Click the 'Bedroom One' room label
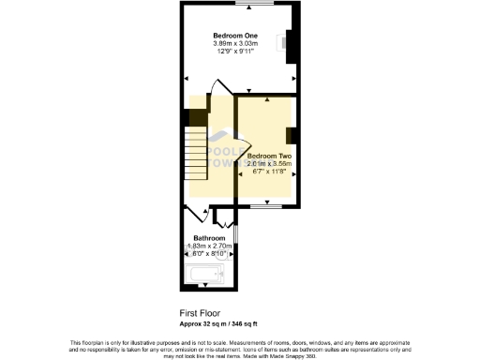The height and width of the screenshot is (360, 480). tap(236, 36)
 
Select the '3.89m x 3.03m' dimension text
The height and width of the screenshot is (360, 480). tap(236, 44)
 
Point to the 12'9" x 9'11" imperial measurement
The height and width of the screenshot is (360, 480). tap(236, 52)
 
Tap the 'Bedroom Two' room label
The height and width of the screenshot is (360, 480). tap(269, 156)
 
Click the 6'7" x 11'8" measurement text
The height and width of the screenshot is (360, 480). tap(269, 172)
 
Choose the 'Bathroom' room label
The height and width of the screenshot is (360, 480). tap(209, 238)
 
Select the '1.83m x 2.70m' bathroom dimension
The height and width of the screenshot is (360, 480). tap(209, 247)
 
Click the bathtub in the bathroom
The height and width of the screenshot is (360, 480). tap(205, 275)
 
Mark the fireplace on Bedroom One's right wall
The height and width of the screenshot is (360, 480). tap(290, 44)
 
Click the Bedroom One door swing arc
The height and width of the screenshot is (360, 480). tap(217, 89)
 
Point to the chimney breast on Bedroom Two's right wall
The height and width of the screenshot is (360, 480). tap(293, 134)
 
